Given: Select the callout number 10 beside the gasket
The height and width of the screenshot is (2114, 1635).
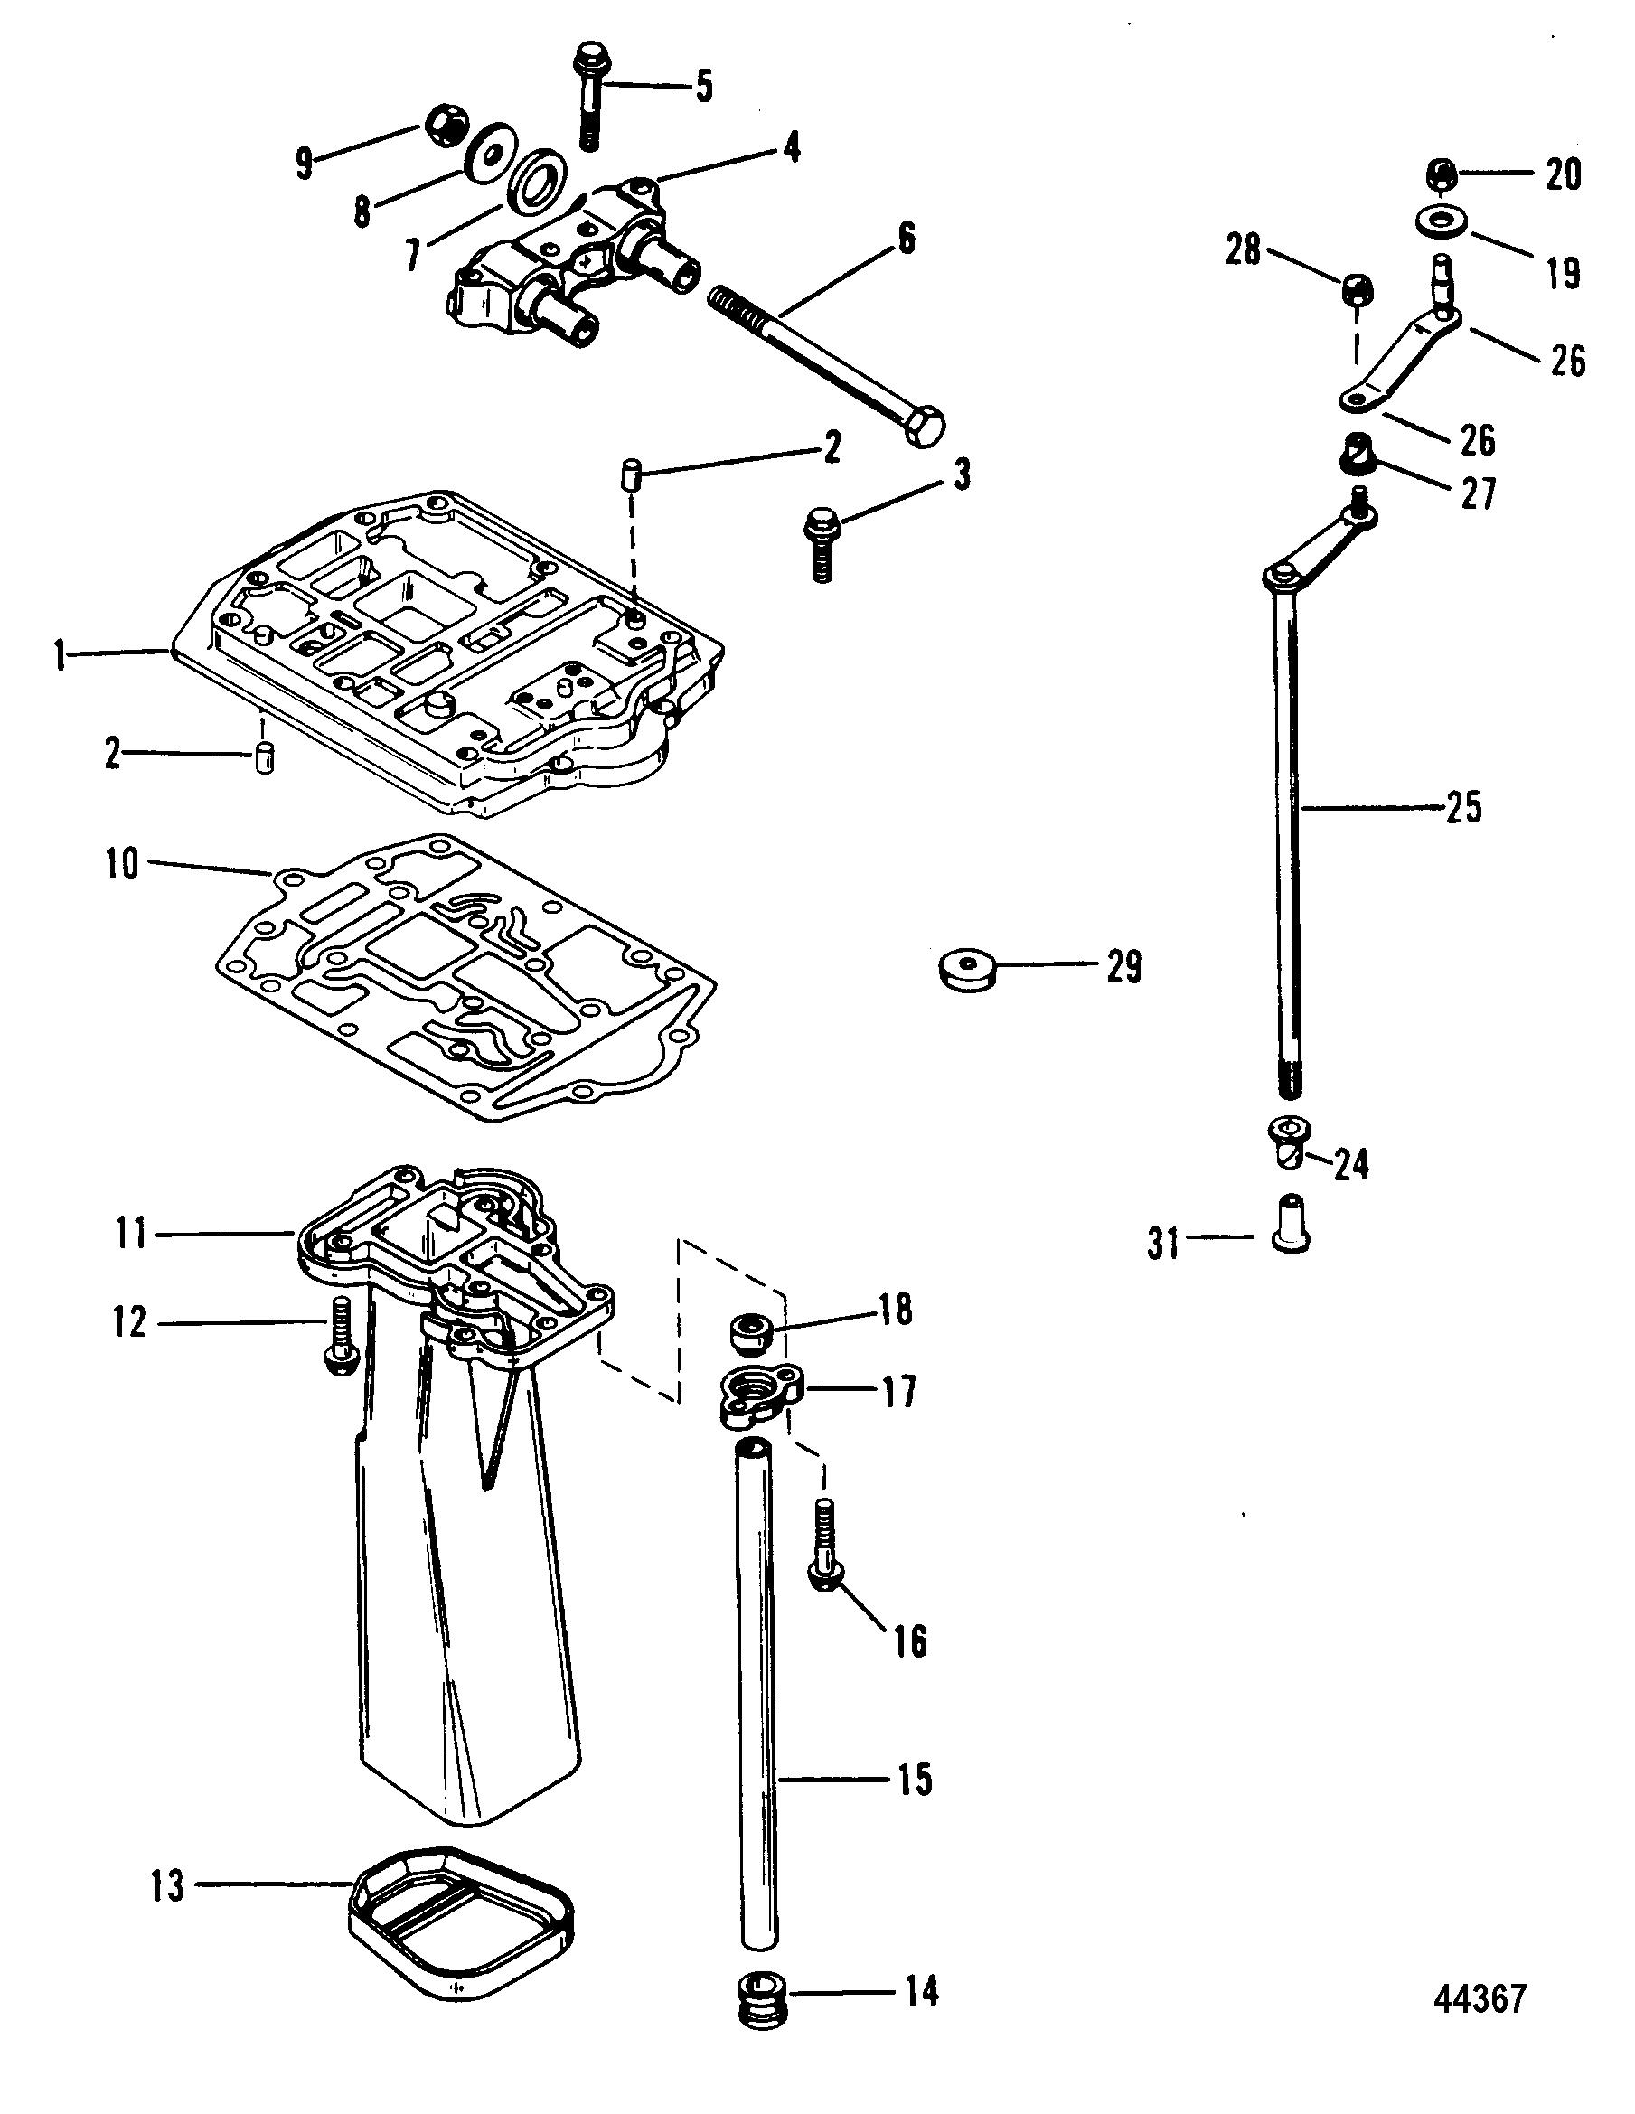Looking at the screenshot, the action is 123,864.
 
